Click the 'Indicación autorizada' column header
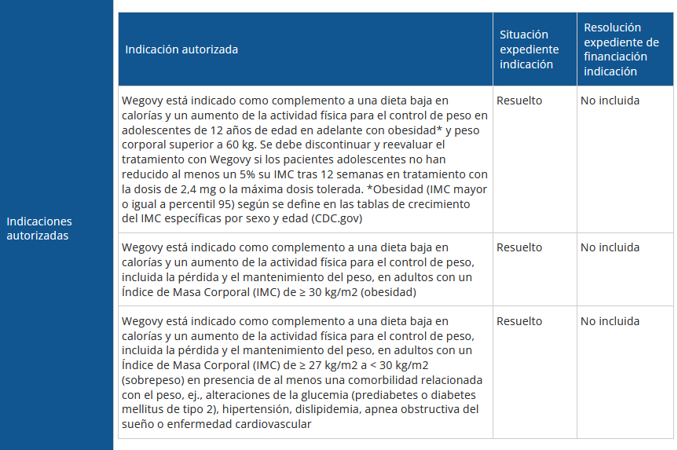coord(181,49)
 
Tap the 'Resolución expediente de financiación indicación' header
coord(621,49)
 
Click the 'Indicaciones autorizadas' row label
coord(39,229)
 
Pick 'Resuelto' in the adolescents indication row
coord(519,101)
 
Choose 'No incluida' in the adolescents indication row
coord(610,101)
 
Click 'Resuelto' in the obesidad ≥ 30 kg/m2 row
coord(519,247)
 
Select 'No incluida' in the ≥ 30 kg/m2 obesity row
coord(610,247)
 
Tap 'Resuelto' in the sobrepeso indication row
coord(519,321)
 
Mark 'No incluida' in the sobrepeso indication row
coord(610,321)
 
